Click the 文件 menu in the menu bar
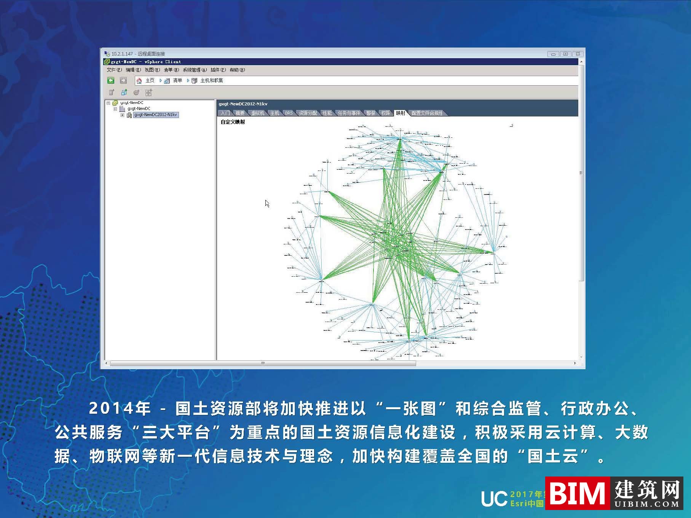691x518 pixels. (x=114, y=70)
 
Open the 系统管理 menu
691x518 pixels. (x=195, y=70)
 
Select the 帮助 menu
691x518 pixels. (x=237, y=70)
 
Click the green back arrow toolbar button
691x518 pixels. (x=111, y=80)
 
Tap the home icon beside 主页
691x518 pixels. (x=139, y=81)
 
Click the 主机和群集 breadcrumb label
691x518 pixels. (x=212, y=81)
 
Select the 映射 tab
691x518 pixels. (x=401, y=113)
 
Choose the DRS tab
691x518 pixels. (x=289, y=113)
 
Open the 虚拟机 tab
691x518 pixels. (x=258, y=113)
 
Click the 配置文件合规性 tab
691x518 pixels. (x=427, y=113)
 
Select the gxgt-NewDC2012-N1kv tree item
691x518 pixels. (x=156, y=115)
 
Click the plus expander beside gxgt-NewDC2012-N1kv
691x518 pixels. (x=122, y=115)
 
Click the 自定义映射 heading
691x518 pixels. (x=233, y=122)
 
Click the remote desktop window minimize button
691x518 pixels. (x=553, y=54)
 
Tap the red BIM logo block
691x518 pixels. (x=577, y=493)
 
